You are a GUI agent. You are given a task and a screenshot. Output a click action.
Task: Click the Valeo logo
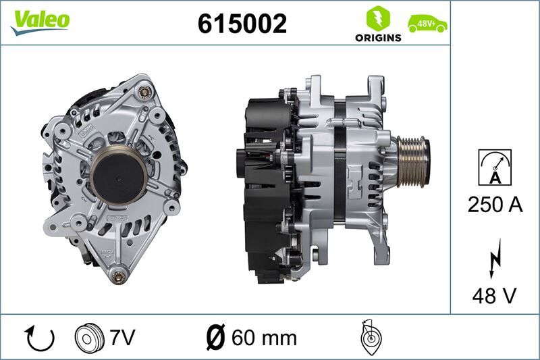tap(39, 20)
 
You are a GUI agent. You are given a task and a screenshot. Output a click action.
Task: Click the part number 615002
tap(242, 24)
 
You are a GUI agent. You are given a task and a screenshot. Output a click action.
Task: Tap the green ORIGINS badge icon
tap(378, 18)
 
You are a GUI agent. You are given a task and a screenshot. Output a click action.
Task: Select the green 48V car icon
tap(427, 24)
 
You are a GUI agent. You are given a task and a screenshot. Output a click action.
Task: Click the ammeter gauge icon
tap(494, 167)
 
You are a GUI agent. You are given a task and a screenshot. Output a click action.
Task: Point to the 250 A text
tap(495, 205)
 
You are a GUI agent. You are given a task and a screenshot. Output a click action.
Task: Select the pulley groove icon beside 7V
tap(87, 337)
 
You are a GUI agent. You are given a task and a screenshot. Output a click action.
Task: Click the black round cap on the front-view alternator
tap(118, 175)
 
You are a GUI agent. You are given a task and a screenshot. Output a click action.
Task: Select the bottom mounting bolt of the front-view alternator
tap(120, 275)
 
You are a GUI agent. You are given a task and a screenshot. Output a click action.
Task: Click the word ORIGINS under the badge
tap(378, 38)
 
